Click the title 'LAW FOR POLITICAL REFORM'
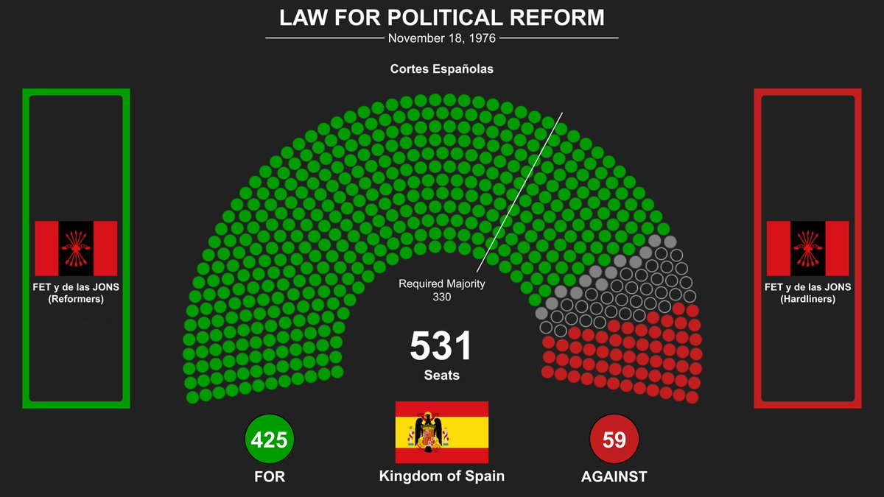pos(441,18)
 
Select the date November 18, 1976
pos(441,38)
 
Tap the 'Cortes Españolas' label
pos(441,70)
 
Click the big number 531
pos(441,346)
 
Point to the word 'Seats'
pos(441,375)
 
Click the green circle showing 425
pos(270,440)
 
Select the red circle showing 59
pos(614,440)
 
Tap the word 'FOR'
pos(270,476)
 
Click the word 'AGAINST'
pos(614,476)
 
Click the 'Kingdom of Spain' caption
pos(442,476)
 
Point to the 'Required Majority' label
pos(442,283)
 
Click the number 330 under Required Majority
pos(442,297)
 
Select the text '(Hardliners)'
pos(807,299)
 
